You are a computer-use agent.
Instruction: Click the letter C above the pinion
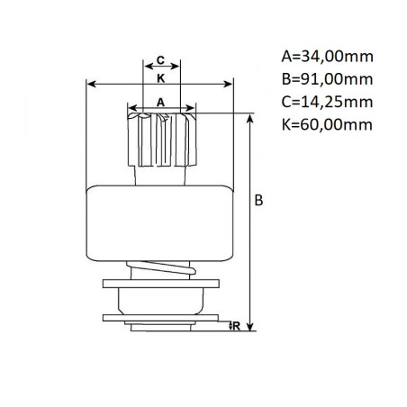[159, 60]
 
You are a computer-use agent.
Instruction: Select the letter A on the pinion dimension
[161, 103]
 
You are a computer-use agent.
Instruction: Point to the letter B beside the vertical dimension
[258, 202]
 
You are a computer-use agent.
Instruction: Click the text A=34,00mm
[326, 57]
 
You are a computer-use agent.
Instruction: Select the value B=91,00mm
[326, 80]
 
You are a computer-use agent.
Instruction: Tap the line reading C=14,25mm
[326, 103]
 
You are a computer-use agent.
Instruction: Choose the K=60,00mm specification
[326, 126]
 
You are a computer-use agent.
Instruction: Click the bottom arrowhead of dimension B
[249, 328]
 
